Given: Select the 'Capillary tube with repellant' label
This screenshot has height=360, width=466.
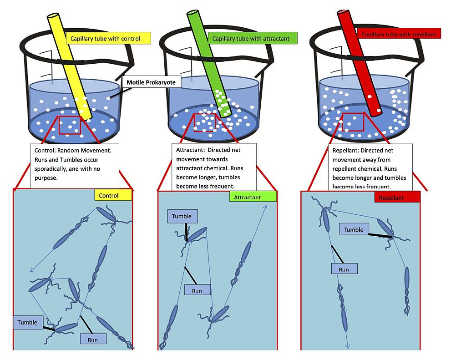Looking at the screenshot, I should (x=398, y=34).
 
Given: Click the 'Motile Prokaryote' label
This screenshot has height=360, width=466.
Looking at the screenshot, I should (x=151, y=83).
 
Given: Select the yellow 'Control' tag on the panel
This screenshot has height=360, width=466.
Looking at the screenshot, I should (x=113, y=195).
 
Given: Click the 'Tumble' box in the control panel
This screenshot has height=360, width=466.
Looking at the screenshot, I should (x=27, y=322).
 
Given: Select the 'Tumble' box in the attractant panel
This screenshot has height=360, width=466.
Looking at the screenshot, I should (x=182, y=216).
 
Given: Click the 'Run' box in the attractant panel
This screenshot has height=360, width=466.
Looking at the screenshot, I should (x=197, y=290).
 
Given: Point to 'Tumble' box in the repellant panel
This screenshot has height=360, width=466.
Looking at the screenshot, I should (x=354, y=230).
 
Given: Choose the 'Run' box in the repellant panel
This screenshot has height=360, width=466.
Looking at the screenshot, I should (x=344, y=269).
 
